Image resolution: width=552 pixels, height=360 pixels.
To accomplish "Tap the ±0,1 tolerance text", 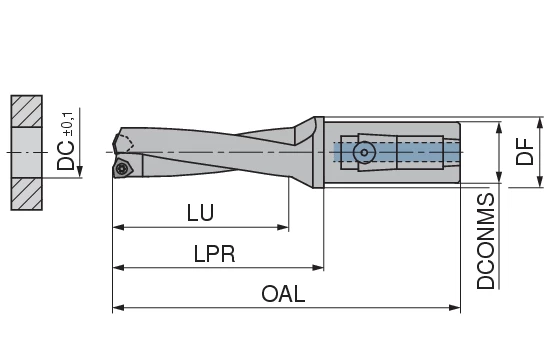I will (x=68, y=121).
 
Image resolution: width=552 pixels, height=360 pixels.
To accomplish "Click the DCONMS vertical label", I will (x=486, y=240).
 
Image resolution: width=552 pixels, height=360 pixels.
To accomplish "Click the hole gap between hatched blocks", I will (x=27, y=151).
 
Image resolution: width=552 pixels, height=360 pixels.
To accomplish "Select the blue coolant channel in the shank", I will (x=400, y=152).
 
